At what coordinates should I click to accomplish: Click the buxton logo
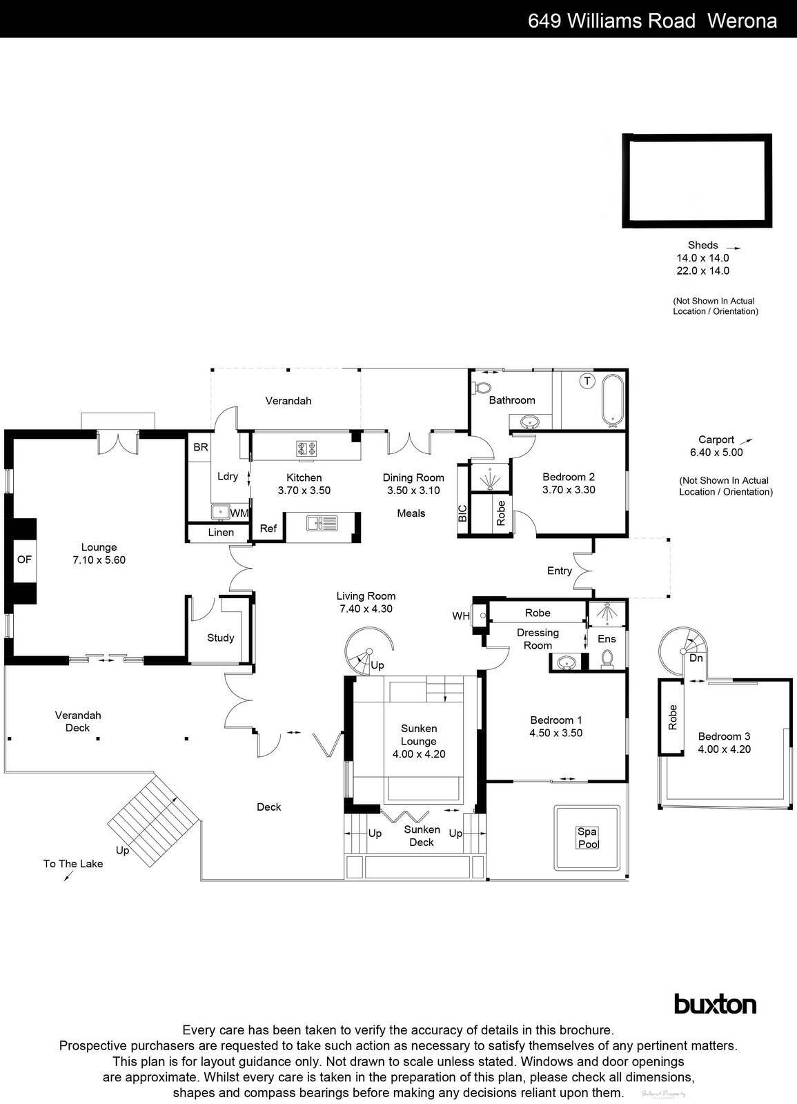click(714, 1004)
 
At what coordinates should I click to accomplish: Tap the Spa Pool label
click(587, 838)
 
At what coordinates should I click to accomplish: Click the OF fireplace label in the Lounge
click(24, 560)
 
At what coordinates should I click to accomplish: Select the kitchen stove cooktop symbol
click(306, 448)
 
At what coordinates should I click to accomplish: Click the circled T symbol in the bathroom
click(587, 380)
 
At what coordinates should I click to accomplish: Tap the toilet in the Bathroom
click(481, 388)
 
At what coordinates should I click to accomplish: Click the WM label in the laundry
click(239, 513)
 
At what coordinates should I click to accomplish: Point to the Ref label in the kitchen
click(268, 529)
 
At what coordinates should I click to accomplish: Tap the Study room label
click(221, 638)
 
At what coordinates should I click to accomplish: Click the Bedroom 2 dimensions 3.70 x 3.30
click(569, 490)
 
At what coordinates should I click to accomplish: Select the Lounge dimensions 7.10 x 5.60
click(99, 560)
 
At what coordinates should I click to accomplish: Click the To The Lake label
click(73, 863)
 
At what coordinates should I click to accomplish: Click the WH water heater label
click(460, 615)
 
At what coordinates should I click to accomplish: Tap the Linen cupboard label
click(221, 533)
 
